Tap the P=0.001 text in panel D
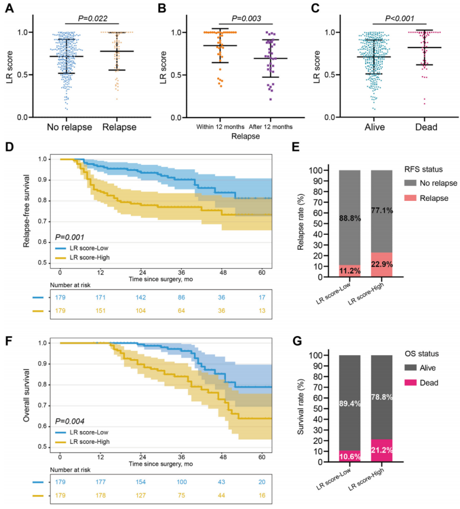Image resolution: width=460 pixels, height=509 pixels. [69, 238]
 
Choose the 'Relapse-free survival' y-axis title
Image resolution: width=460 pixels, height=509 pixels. [27, 208]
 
